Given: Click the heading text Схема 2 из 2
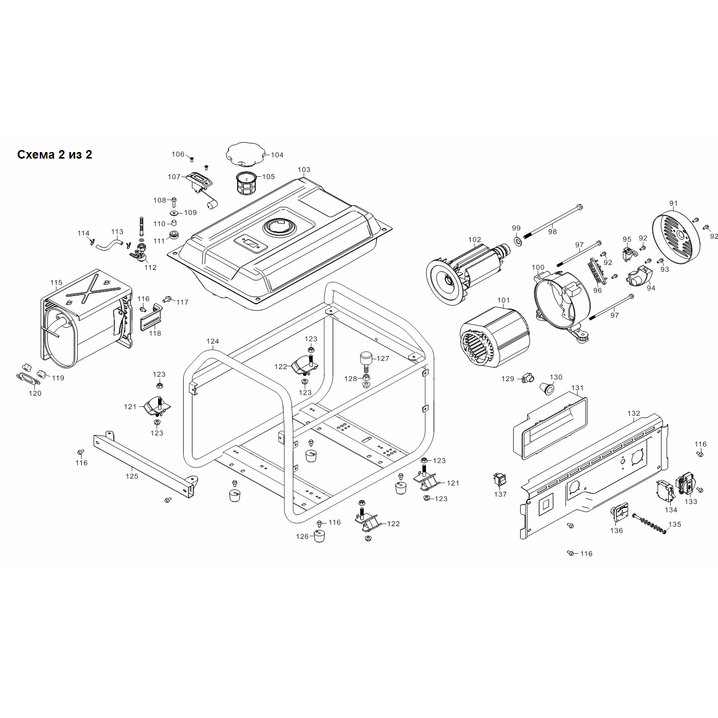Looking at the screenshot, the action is [x=55, y=155].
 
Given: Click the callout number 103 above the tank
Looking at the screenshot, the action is [x=304, y=170].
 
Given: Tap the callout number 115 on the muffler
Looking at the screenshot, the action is [x=56, y=282].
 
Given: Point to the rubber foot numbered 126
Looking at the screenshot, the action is [x=319, y=536].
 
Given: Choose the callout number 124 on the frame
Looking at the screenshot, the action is [x=213, y=341].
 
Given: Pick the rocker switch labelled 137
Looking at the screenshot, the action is [x=499, y=479].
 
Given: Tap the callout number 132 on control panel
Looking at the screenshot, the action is [x=633, y=413].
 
